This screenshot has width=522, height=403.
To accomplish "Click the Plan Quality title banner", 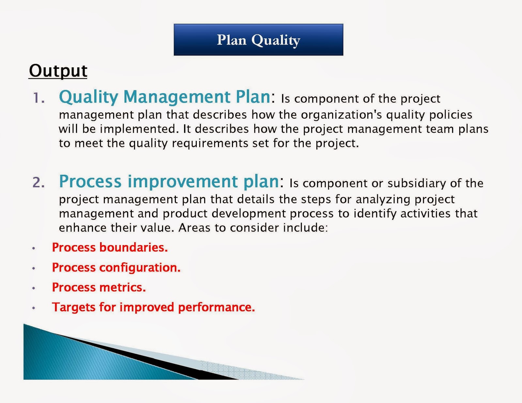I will tap(258, 40).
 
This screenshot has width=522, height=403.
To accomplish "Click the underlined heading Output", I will tap(58, 71).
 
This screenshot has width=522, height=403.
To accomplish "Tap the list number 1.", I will tap(39, 98).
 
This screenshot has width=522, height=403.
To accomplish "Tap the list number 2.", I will tap(39, 182).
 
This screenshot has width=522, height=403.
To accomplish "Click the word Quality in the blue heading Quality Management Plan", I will tap(88, 97).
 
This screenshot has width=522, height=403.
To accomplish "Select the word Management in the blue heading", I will tap(177, 97).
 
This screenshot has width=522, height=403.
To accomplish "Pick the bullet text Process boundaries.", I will tap(110, 247).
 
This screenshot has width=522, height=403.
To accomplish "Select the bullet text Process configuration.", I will tap(116, 267).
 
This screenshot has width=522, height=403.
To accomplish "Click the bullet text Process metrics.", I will tap(99, 287).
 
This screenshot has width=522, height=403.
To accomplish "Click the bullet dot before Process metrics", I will tap(34, 288).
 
